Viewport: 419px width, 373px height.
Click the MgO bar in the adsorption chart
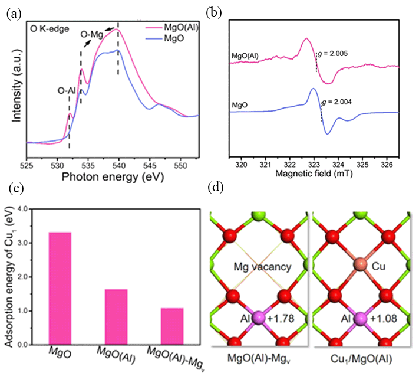tap(60, 288)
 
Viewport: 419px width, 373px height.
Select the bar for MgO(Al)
tap(116, 317)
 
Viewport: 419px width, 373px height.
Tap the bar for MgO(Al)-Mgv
tap(172, 326)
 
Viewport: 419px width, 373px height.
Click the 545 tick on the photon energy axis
tap(150, 166)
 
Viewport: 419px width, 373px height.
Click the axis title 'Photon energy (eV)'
tap(113, 177)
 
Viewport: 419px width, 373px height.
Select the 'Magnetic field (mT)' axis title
tap(314, 174)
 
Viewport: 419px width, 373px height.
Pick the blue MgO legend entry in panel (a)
tap(165, 38)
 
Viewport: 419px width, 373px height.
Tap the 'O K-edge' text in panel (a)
tap(50, 29)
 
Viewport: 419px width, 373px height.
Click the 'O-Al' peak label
tap(67, 91)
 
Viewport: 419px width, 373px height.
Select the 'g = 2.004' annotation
tap(336, 102)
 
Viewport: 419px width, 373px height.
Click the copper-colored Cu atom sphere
tap(361, 264)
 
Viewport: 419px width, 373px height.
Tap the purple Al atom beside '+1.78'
tap(258, 318)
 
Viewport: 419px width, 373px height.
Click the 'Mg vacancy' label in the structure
tap(262, 267)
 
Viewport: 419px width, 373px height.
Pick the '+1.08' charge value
tap(384, 319)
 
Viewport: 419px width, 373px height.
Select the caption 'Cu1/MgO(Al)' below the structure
tap(361, 359)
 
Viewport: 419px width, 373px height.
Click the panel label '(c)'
tap(17, 188)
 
